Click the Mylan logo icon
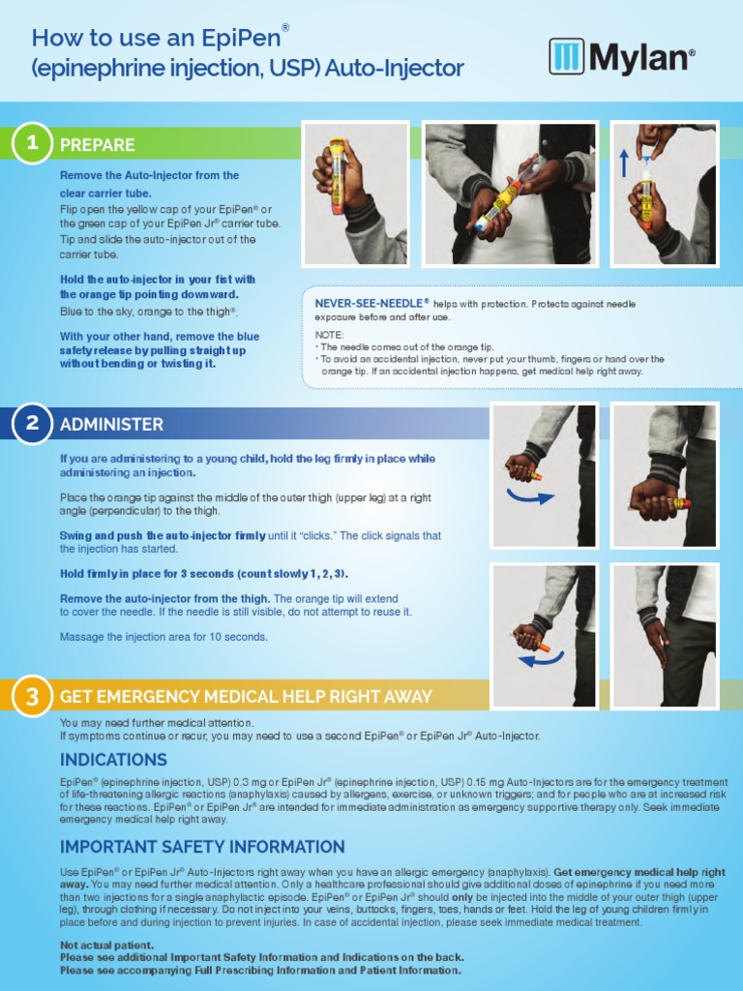click(566, 57)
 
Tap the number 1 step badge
click(32, 144)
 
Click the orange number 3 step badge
click(32, 697)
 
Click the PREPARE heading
click(97, 145)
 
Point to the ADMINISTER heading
click(111, 425)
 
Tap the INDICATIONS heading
click(113, 760)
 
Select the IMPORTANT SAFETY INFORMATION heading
click(202, 847)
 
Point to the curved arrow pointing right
click(530, 496)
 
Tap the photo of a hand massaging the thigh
click(664, 622)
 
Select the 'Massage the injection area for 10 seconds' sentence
click(163, 637)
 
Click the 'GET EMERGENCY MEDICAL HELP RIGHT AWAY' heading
click(246, 697)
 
